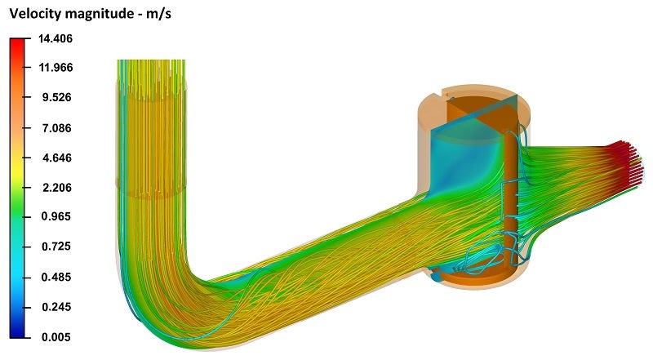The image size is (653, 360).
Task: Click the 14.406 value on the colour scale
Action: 56,38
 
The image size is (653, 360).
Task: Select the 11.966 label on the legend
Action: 56,68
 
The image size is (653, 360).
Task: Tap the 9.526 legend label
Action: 56,97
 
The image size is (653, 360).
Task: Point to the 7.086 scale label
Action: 56,128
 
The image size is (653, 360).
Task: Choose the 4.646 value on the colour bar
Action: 56,158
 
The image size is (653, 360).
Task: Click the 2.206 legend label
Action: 56,188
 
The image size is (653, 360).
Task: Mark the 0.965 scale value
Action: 56,216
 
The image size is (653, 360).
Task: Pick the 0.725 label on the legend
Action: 56,247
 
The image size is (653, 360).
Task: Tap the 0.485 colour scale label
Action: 56,277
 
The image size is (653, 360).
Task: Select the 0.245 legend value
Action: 56,307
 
